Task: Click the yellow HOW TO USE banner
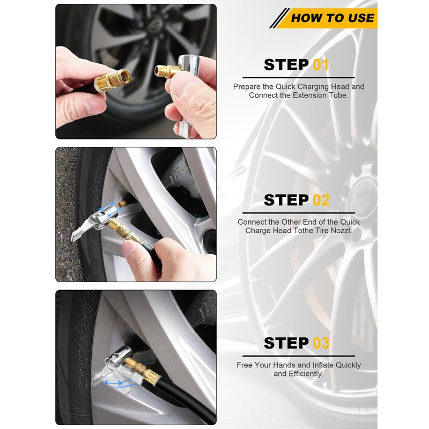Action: pyautogui.click(x=327, y=18)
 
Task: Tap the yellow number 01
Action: pyautogui.click(x=320, y=65)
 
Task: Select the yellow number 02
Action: pyautogui.click(x=321, y=200)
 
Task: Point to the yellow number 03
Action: pyautogui.click(x=321, y=343)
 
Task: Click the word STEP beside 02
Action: pyautogui.click(x=286, y=200)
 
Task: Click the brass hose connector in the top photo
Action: pyautogui.click(x=112, y=80)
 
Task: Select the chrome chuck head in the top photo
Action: pyautogui.click(x=189, y=67)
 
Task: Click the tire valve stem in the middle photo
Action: pyautogui.click(x=123, y=204)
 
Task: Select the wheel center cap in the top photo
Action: pyautogui.click(x=152, y=23)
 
